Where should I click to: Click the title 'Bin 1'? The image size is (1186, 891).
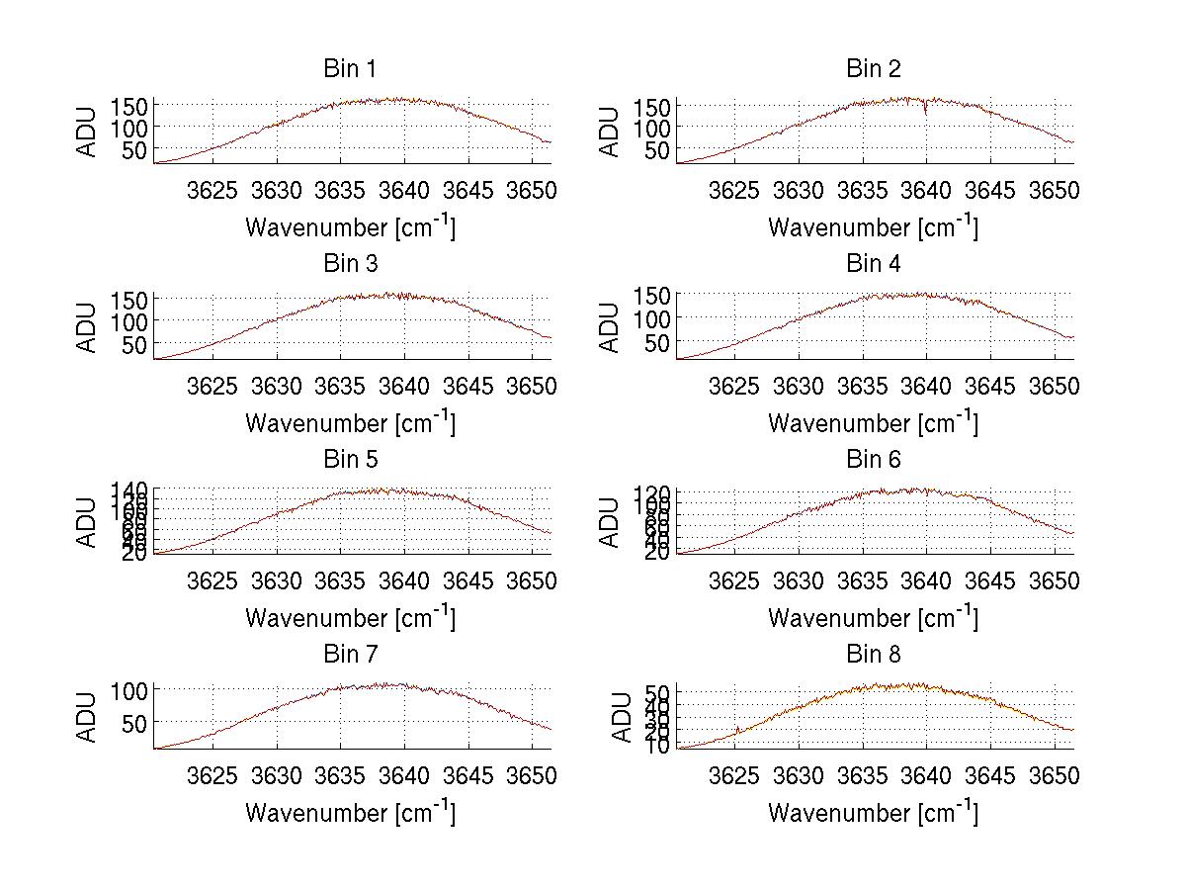[x=349, y=69]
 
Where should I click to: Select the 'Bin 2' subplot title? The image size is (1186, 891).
[x=873, y=69]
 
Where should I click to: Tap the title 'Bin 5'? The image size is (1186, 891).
[x=349, y=460]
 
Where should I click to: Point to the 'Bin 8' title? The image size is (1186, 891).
[x=873, y=655]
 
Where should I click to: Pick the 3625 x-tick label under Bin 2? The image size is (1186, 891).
[x=734, y=190]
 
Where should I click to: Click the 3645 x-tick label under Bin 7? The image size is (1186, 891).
[x=468, y=775]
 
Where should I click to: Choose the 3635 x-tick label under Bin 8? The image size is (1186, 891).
[x=863, y=775]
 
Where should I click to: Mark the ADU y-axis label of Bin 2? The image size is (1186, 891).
[x=611, y=133]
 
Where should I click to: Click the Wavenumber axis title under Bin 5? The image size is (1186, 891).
[x=350, y=618]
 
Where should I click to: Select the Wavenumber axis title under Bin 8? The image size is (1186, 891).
[x=873, y=813]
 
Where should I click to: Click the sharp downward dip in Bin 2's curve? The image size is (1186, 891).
[x=925, y=112]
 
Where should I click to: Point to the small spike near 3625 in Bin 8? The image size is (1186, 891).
[x=737, y=731]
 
